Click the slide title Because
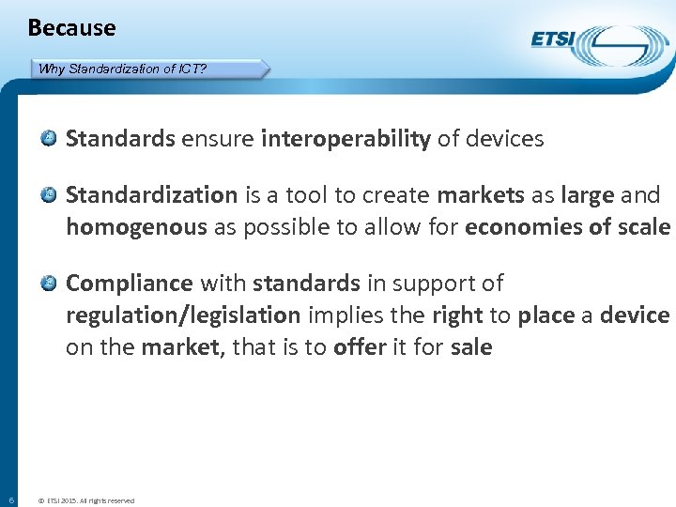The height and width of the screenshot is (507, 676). (71, 28)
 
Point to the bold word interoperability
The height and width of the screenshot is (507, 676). (346, 140)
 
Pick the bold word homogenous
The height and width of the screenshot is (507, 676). (135, 227)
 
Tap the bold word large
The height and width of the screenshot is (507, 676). (587, 195)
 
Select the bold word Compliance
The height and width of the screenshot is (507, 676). (129, 284)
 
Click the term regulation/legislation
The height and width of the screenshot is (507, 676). (183, 315)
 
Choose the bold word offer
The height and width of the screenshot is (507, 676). (360, 347)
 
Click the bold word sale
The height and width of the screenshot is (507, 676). (471, 347)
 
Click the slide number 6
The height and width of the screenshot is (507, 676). (9, 499)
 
